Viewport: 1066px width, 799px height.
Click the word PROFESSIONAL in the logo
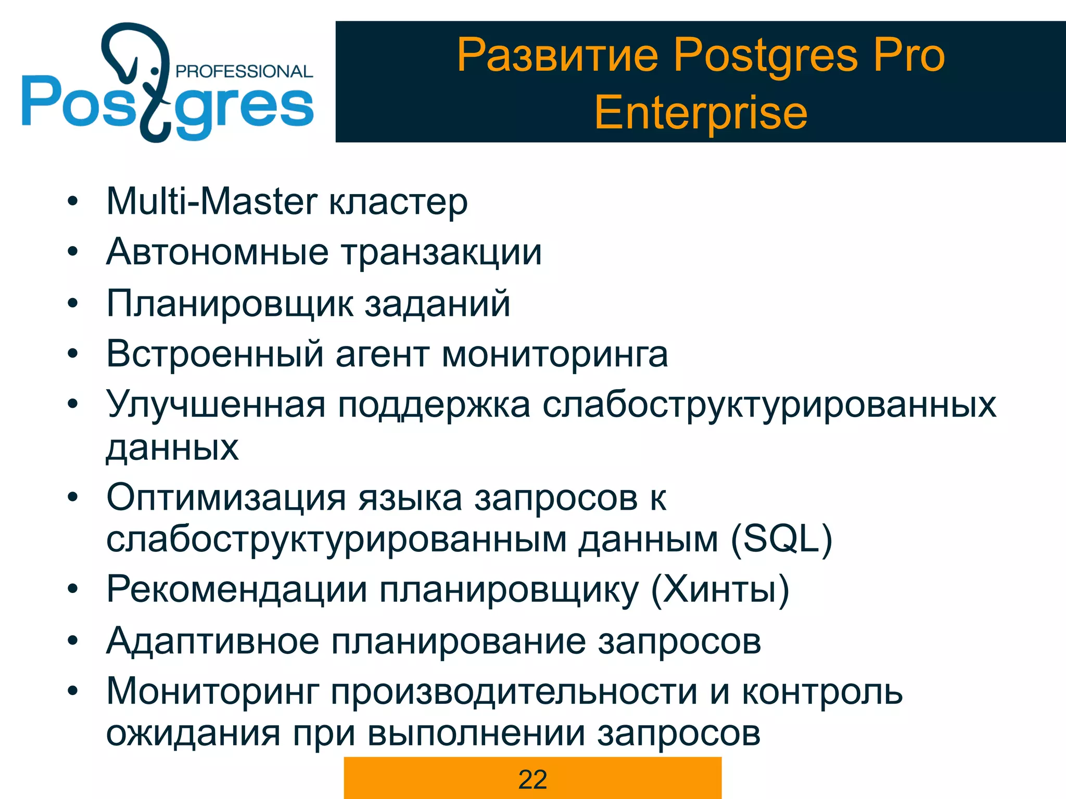coord(244,71)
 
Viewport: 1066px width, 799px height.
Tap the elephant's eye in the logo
coord(155,70)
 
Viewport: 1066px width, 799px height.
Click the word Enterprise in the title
coord(701,113)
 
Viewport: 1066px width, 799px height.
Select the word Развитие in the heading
coord(558,55)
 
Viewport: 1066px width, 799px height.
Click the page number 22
coord(532,780)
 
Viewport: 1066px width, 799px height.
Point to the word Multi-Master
coord(211,201)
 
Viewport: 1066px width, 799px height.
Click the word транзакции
coord(442,252)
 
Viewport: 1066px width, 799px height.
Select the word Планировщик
coord(229,304)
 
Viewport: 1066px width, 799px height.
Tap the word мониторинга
coord(555,354)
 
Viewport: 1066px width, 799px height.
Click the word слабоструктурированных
coord(769,405)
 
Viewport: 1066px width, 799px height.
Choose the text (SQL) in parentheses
coord(781,539)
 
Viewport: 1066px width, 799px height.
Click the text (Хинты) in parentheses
coord(720,590)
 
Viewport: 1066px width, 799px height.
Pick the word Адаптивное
coord(212,641)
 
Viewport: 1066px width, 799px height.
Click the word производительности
coord(514,692)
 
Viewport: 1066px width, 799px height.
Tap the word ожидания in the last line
coord(193,733)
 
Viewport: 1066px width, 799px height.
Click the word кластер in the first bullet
coord(398,201)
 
